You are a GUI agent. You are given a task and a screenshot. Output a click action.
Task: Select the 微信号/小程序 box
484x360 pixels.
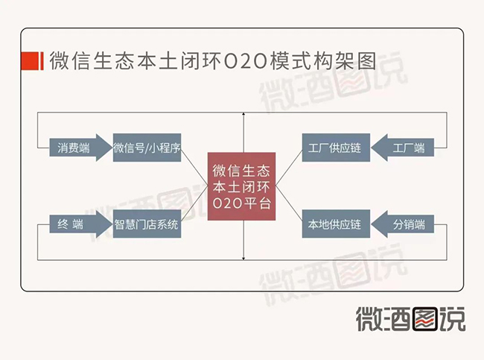coord(147,148)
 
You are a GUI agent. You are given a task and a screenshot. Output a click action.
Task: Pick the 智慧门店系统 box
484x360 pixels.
coord(147,224)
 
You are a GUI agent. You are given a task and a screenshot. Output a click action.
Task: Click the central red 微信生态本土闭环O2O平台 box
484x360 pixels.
coord(241,186)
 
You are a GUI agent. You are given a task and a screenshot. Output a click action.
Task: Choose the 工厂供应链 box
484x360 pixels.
coord(336,148)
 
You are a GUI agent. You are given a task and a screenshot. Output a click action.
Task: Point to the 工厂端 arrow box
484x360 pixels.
coord(403,148)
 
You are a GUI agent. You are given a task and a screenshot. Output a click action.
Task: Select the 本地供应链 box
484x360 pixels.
coord(336,224)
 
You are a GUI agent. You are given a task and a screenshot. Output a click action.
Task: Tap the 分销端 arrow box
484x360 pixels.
coord(403,224)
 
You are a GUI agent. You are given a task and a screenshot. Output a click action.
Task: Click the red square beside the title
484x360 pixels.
coord(30,61)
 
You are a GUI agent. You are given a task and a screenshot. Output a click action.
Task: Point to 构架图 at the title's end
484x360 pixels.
coord(345,61)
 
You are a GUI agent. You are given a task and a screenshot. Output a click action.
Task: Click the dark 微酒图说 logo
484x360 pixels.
coord(410,319)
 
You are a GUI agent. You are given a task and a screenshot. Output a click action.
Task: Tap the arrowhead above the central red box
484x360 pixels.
coord(243,114)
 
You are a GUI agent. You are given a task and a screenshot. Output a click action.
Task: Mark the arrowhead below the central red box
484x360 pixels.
coord(243,259)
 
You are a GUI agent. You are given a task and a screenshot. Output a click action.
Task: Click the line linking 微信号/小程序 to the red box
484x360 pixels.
coord(194,166)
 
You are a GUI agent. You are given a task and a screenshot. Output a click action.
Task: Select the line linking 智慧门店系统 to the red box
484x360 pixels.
coord(194,205)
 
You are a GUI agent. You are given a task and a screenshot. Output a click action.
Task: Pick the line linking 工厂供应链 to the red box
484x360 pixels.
coord(289,167)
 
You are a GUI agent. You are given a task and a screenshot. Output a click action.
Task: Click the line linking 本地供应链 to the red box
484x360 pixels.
coord(289,204)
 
